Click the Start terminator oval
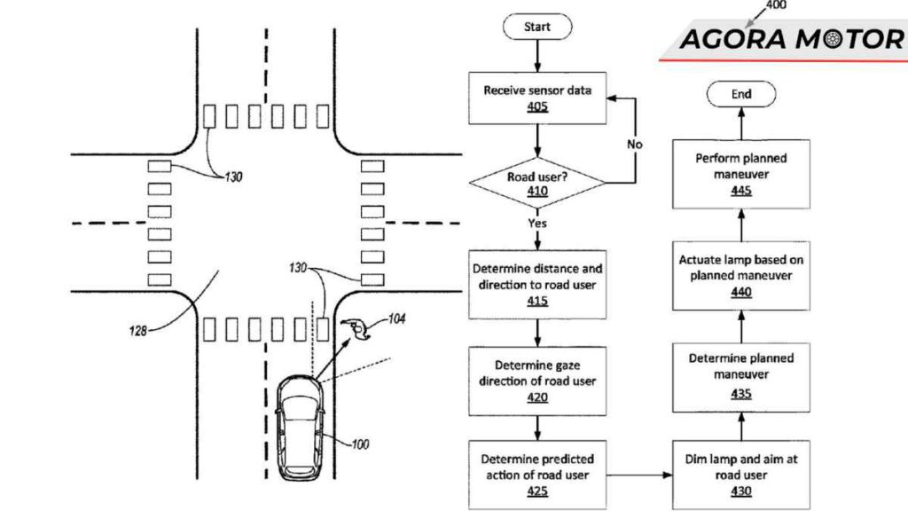(537, 27)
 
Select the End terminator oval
(741, 94)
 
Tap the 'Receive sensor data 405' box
(537, 98)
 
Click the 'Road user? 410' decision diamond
(537, 184)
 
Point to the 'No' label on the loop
(635, 144)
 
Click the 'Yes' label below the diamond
(538, 224)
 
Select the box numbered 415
(537, 284)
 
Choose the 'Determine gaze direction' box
(537, 381)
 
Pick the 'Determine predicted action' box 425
(537, 476)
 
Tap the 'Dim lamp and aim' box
(741, 476)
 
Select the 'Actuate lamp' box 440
(741, 276)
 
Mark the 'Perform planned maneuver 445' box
(741, 174)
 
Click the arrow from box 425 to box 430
(639, 476)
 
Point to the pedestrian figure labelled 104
(358, 329)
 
